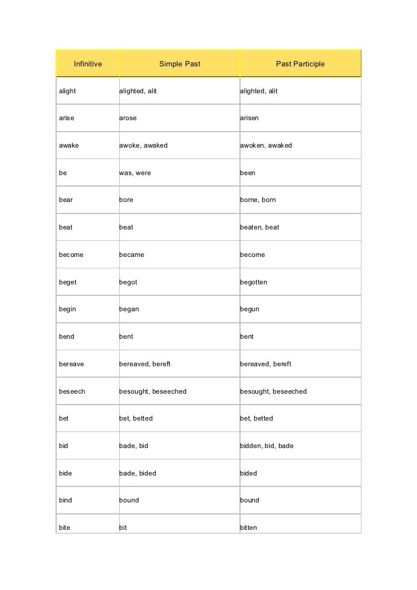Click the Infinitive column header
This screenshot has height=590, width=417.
[x=88, y=64]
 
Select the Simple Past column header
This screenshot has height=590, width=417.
[x=180, y=64]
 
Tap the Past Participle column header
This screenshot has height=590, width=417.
[x=300, y=64]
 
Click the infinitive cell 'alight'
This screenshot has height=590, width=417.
[x=68, y=91]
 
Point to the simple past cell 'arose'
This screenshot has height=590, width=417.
[x=128, y=118]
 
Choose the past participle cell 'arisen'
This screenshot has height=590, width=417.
[x=249, y=118]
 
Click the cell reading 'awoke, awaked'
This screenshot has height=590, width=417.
[x=143, y=145]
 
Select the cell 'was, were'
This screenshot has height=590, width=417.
[x=135, y=173]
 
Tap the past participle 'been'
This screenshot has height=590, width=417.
[x=247, y=173]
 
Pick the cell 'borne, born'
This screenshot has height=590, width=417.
[x=258, y=200]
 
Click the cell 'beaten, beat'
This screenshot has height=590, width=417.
[x=259, y=227]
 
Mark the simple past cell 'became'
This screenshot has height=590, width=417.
[x=132, y=255]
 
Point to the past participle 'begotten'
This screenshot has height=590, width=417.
[x=253, y=282]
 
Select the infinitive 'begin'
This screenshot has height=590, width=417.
[x=68, y=309]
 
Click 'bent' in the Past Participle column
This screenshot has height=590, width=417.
[x=247, y=336]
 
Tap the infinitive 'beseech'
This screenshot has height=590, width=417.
[x=72, y=391]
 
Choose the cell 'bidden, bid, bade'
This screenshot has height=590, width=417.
[x=266, y=445]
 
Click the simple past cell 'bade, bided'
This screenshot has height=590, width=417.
[x=137, y=473]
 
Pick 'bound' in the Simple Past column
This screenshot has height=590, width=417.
[x=129, y=500]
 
